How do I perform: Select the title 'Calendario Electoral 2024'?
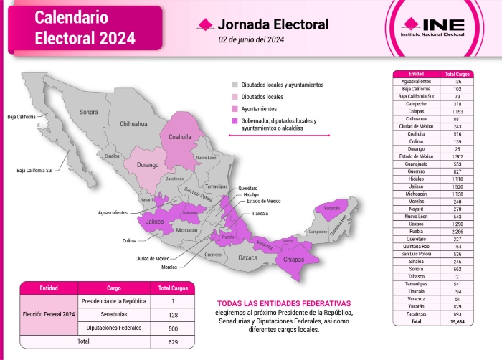(85, 27)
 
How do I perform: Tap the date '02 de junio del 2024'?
(252, 40)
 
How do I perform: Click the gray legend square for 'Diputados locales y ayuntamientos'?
(234, 85)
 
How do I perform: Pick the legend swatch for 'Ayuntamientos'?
(234, 108)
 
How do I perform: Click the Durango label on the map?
(148, 164)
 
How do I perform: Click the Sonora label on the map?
(89, 112)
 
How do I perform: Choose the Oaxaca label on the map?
(248, 257)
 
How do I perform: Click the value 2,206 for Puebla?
(452, 232)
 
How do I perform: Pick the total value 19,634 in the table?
(452, 323)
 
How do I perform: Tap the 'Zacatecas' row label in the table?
(416, 315)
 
